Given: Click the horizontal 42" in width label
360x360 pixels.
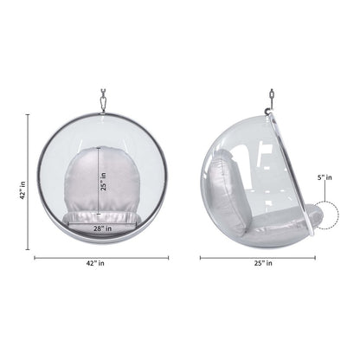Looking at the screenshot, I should click(96, 263).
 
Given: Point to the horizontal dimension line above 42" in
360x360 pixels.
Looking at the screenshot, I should click(96, 256).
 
